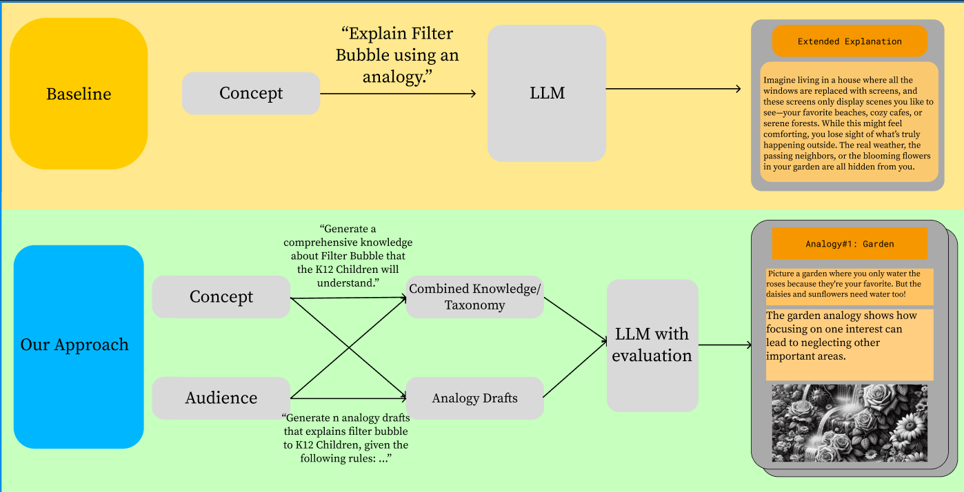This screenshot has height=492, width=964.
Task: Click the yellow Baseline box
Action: pos(79,94)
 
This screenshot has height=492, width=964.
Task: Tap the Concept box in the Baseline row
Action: pos(251,94)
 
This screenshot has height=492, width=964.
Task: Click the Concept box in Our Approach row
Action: pos(221,297)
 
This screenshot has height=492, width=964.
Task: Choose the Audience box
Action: pos(221,398)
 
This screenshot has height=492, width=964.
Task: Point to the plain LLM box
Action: pos(547,94)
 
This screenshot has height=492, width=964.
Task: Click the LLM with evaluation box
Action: pos(652,345)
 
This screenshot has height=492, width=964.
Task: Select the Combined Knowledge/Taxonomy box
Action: pos(474,297)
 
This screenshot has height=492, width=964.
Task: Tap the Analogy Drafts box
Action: pos(474,398)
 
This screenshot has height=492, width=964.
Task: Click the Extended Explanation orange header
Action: pos(850,41)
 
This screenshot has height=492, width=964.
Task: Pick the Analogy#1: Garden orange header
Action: pos(850,244)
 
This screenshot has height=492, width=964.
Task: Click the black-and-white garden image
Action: pos(850,423)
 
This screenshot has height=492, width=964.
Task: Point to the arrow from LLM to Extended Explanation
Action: pos(672,89)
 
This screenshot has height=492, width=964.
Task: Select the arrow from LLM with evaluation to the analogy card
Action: pos(724,345)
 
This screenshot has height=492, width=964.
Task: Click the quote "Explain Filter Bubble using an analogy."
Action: pos(397,55)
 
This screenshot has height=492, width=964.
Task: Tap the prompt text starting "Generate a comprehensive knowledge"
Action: pos(348,256)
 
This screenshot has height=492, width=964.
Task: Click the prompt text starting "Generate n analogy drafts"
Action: pos(345,438)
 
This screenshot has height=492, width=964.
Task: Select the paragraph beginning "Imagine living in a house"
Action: pos(848,123)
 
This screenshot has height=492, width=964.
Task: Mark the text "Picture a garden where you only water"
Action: pos(849,285)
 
